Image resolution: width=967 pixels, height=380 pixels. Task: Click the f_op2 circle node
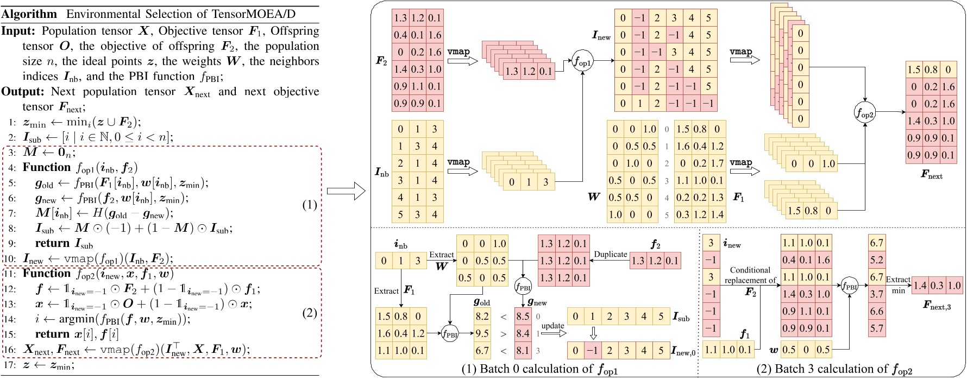[865, 113]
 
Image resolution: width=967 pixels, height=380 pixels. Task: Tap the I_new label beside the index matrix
[601, 36]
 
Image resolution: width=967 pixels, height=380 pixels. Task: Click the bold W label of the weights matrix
[594, 197]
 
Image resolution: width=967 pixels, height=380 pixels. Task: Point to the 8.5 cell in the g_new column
[522, 316]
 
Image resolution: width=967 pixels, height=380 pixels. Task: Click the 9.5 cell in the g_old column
[482, 333]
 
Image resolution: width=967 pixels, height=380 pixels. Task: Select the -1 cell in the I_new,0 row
[593, 350]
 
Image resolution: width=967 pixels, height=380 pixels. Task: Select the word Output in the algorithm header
[20, 91]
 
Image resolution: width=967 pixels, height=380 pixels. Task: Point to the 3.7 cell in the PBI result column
[877, 294]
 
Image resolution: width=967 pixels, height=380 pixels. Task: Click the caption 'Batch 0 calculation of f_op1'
[540, 370]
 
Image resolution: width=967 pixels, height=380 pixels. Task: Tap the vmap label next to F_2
[458, 52]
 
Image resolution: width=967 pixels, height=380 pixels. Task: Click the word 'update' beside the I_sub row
[552, 326]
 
